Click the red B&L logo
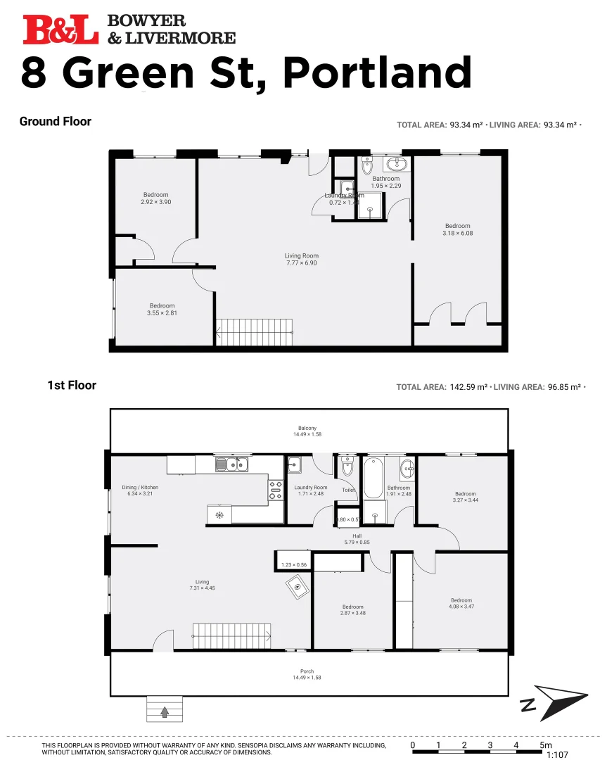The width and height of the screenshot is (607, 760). [60, 30]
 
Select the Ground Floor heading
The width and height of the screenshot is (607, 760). [56, 122]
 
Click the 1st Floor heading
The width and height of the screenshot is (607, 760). [72, 386]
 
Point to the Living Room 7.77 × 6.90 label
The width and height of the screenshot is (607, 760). [301, 260]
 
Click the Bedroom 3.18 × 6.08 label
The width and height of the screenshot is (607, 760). [456, 229]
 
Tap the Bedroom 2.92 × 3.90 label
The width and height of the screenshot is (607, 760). [155, 198]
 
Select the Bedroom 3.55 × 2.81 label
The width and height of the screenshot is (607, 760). [162, 310]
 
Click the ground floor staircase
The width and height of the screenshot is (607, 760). [254, 331]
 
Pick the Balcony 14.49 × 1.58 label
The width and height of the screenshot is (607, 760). [307, 431]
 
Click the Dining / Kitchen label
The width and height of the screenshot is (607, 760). [140, 490]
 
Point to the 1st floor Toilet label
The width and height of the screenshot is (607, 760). [347, 490]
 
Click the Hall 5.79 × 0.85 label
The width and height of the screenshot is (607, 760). [357, 539]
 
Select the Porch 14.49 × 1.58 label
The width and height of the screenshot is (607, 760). [307, 674]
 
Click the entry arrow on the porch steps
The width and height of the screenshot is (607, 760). [165, 711]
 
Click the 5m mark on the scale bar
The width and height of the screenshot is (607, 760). [545, 745]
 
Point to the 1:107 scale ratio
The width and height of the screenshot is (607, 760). [556, 754]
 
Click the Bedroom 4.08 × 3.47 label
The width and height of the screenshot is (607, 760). [461, 604]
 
